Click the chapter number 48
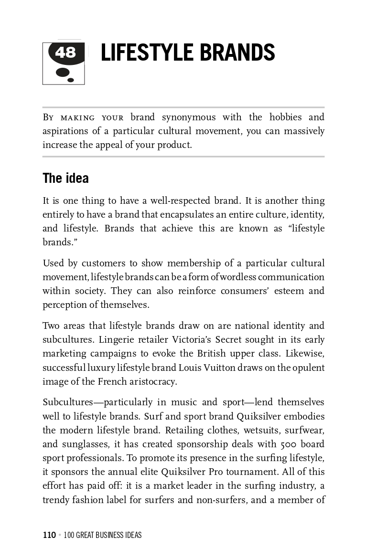[x=65, y=52]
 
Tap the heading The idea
[x=65, y=178]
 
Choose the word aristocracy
[x=152, y=382]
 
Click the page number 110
[x=49, y=535]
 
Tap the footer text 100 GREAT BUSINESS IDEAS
[x=103, y=535]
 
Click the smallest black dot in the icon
[x=71, y=80]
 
